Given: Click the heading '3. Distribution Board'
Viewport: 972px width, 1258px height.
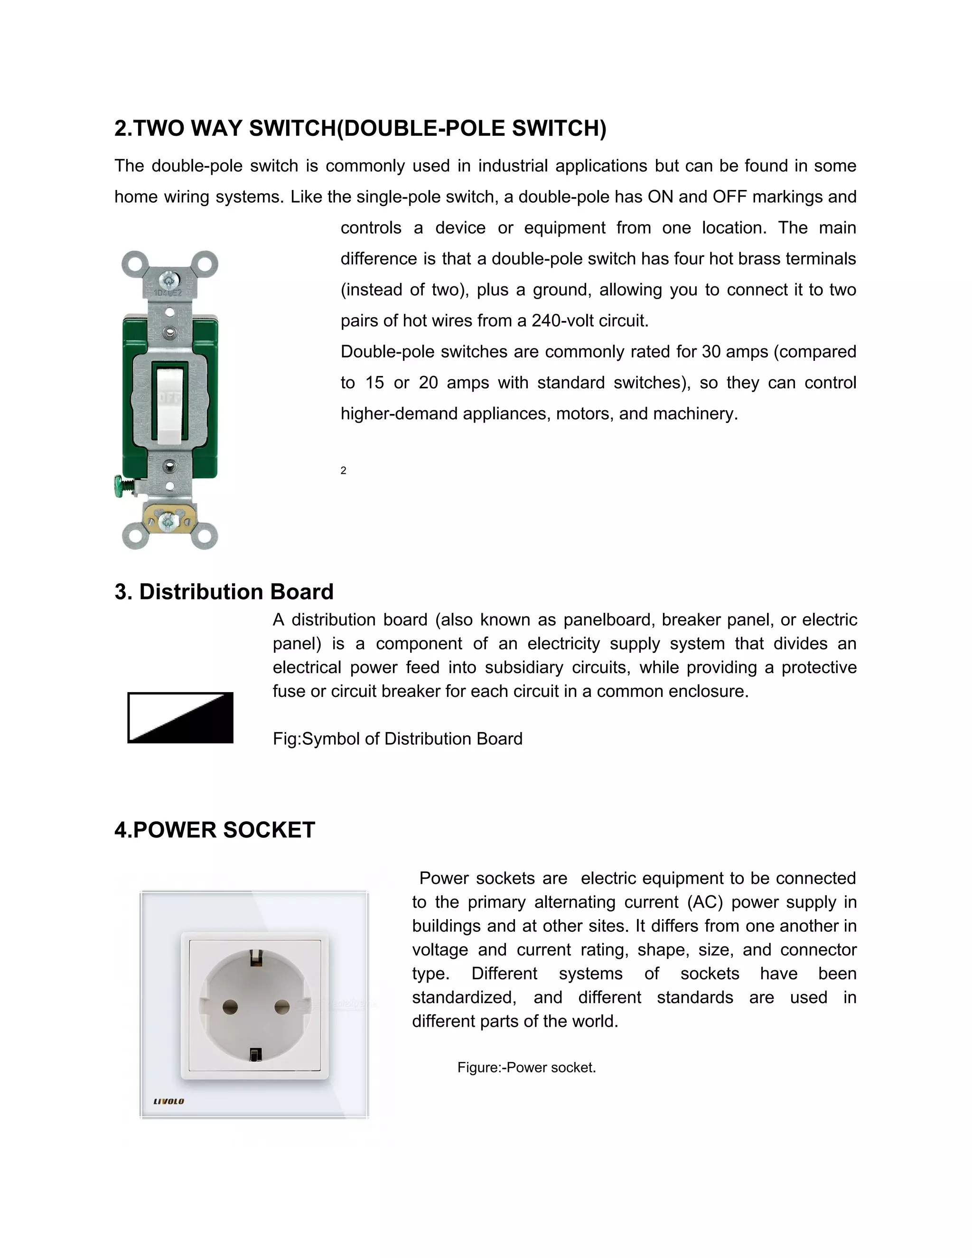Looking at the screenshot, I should point(224,591).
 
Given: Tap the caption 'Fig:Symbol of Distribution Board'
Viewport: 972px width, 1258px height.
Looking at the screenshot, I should point(397,739).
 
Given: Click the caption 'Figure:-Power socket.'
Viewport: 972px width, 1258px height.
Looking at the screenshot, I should point(526,1067).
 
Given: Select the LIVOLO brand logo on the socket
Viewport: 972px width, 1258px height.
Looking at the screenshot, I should point(168,1101).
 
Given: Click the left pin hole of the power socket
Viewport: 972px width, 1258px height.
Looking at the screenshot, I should point(230,1007).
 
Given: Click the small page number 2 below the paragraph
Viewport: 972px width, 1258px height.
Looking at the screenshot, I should point(343,470).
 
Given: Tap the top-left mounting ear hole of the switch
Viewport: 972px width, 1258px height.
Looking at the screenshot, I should point(135,264).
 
